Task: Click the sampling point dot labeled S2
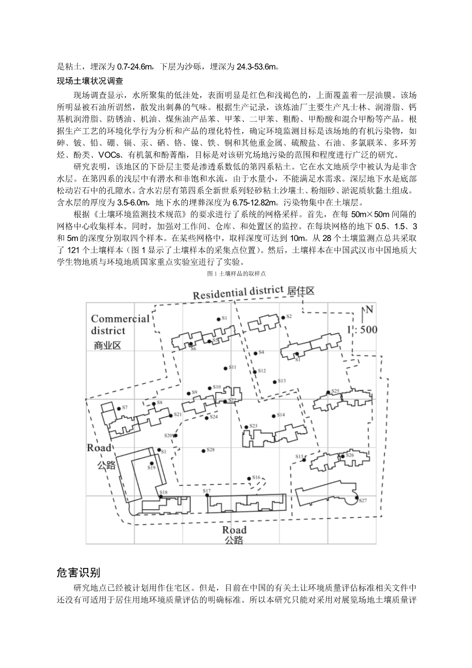coord(283,318)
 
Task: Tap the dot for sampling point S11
coord(225,368)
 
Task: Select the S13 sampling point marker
coord(275,382)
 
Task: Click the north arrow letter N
coord(369,309)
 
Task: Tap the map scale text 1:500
coord(362,330)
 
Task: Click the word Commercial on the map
coord(120,319)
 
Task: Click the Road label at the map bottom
coord(234,530)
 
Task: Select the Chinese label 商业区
coord(107,345)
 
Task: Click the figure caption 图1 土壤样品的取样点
coord(235,274)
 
